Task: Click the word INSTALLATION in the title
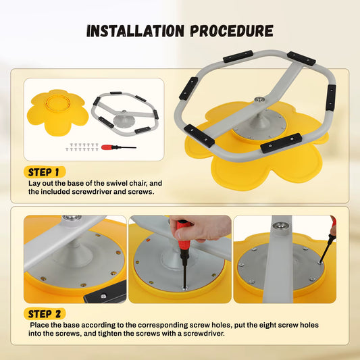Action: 136,31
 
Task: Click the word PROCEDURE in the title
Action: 232,31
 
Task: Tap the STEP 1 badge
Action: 45,172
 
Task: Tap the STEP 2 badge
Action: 45,314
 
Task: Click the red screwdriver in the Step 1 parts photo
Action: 119,147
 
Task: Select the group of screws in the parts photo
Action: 82,147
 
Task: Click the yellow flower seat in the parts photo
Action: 57,112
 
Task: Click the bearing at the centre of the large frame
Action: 259,99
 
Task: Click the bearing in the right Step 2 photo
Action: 282,226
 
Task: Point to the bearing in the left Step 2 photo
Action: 72,217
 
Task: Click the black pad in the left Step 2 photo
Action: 105,294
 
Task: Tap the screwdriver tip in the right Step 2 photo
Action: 319,262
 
